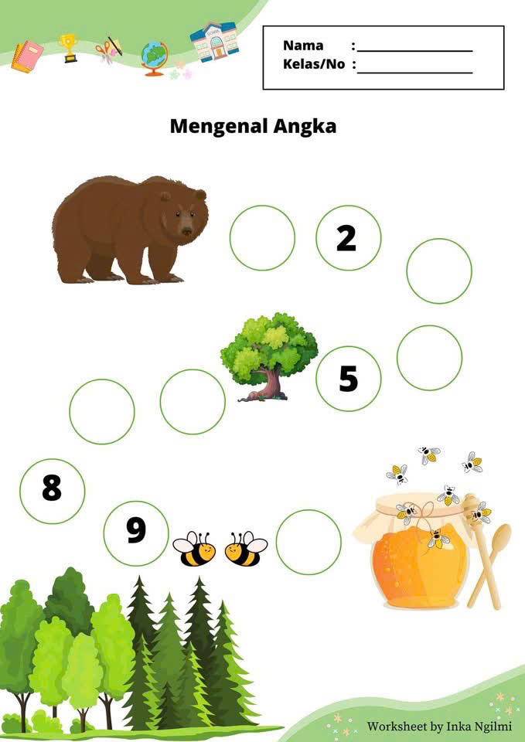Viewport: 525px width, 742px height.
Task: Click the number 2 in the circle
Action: [346, 239]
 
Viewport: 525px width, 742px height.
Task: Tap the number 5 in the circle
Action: [349, 379]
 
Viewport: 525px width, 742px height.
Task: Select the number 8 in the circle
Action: [52, 488]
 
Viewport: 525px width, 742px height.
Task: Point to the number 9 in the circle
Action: [136, 531]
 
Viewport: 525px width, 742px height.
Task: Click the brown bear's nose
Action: [187, 231]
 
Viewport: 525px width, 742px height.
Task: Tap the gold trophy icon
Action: [69, 48]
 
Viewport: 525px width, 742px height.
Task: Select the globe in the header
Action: [155, 58]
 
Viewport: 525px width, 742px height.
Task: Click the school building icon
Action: [214, 41]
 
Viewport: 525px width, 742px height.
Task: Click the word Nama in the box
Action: [303, 46]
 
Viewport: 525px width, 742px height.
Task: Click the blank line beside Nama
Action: [415, 51]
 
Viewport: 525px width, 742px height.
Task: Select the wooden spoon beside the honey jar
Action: [490, 566]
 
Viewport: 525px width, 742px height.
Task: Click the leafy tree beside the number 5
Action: [269, 357]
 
